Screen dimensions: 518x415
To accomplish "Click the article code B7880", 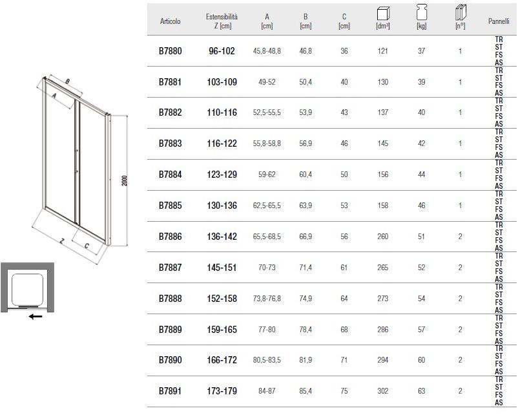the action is click(x=170, y=51).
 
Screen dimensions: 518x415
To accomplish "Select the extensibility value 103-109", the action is click(x=222, y=82).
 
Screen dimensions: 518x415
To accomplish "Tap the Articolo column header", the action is click(x=170, y=21).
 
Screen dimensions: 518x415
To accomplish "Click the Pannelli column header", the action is click(x=499, y=21).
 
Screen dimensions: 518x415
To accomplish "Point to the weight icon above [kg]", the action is click(x=422, y=12).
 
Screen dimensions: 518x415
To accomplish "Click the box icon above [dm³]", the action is click(x=383, y=14).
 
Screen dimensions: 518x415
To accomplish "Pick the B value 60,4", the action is click(x=306, y=175).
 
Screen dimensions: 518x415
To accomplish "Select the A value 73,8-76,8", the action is click(x=267, y=298).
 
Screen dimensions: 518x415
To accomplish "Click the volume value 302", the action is click(x=383, y=391).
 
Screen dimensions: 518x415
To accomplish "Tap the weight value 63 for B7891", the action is click(x=422, y=391).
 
